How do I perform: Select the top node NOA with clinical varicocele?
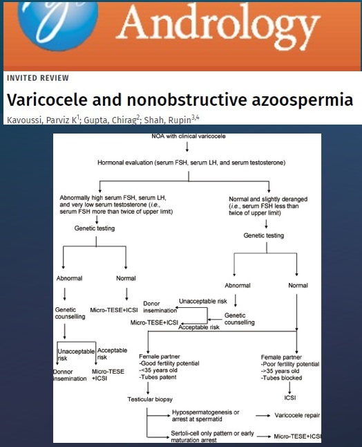click(189, 136)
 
